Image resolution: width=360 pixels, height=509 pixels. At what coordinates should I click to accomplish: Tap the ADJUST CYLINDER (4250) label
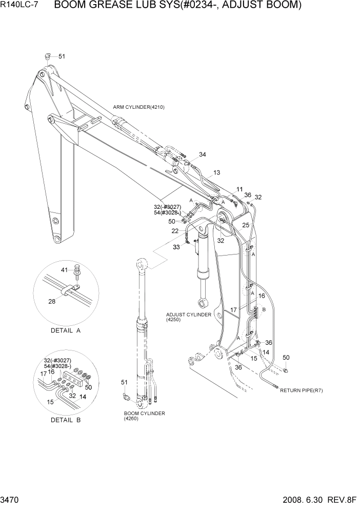point(188,317)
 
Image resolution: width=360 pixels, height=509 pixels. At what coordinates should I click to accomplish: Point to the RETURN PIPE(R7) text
point(301,390)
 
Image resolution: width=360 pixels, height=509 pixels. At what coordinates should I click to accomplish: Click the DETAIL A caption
point(66,330)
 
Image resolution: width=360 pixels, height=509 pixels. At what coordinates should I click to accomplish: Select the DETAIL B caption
point(66,420)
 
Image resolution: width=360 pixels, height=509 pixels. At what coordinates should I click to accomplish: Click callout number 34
point(203,154)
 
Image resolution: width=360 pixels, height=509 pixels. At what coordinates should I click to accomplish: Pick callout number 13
point(216,172)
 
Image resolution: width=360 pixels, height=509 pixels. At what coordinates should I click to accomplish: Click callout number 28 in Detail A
point(52,301)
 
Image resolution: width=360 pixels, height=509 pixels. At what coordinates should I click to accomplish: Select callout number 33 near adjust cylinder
point(177,247)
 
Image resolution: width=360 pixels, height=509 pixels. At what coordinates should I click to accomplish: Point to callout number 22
point(175,231)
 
